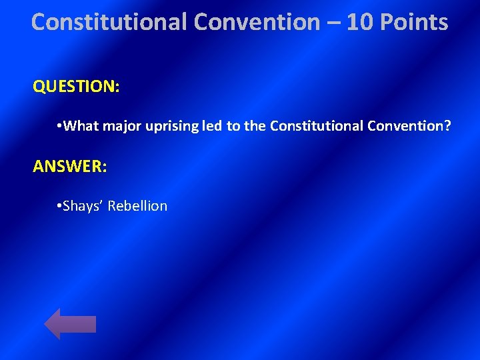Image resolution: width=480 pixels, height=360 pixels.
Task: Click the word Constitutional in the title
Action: click(x=110, y=23)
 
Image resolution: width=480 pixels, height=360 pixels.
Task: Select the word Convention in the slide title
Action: click(x=257, y=23)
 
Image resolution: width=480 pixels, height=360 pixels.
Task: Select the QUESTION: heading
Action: click(x=76, y=87)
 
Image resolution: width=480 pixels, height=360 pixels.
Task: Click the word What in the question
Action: click(x=84, y=126)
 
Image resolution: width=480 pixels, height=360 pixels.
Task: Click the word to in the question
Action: click(x=233, y=126)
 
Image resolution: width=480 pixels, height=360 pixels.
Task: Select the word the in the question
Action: click(x=255, y=126)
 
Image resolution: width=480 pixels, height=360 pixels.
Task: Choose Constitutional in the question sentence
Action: click(x=316, y=126)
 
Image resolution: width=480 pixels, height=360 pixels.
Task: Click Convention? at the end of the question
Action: click(x=409, y=126)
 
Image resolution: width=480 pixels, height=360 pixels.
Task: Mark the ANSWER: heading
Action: click(x=69, y=166)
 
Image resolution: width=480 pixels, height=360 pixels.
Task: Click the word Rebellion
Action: click(x=137, y=206)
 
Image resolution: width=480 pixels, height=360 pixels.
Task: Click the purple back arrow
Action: click(x=70, y=324)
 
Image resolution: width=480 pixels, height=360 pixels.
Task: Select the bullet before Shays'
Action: click(x=60, y=206)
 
